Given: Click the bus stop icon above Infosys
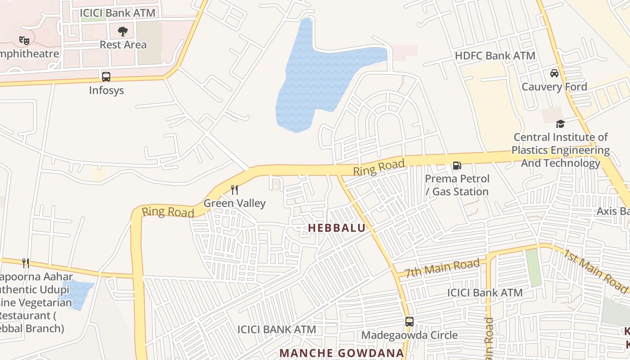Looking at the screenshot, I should pos(106,77).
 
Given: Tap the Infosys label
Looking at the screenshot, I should pos(106,90).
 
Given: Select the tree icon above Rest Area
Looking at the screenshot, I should pos(123,31).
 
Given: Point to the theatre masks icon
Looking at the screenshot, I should pos(24,40).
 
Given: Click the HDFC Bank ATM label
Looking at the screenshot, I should pos(495,56).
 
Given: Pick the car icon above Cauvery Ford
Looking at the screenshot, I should pos(554,73).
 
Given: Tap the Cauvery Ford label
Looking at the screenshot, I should pos(554,86).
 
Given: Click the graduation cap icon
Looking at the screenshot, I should pos(560,124).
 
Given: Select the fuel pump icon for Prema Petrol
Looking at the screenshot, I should pos(457,166).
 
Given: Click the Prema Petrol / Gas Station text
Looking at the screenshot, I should pos(457,185).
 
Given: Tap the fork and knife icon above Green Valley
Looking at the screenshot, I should pos(234,189).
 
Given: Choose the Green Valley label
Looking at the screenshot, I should pos(234,203).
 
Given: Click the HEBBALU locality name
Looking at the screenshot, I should pos(337,228).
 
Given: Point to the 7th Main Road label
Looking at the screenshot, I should pos(442,269).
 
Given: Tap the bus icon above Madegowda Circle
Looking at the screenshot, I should pos(409,322).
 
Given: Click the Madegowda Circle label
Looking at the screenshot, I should pos(409,335).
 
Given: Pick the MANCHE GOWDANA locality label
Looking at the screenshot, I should pos(342,353).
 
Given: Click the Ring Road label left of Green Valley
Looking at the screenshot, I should pos(168,211).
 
